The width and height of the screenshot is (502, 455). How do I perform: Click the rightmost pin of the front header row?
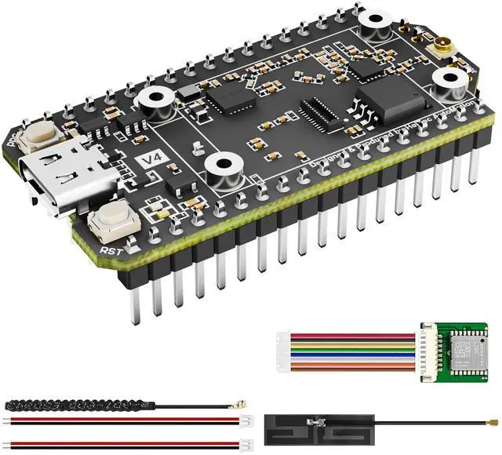[x=473, y=169]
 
